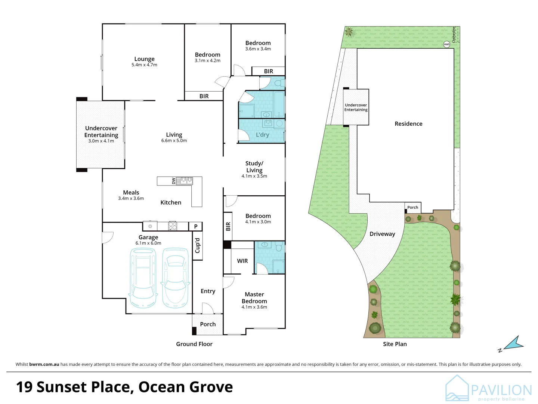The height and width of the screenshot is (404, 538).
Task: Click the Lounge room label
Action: [144, 59]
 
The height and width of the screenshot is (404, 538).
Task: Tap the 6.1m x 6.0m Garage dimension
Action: [148, 243]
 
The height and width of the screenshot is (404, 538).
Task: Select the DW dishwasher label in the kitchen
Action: [173, 181]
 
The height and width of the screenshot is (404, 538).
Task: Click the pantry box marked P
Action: [196, 226]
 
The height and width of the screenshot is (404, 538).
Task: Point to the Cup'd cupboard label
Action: [197, 245]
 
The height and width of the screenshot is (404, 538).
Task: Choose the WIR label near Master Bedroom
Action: [242, 261]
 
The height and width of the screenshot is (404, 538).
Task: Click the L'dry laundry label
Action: [263, 135]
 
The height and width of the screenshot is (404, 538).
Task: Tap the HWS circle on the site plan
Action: [447, 45]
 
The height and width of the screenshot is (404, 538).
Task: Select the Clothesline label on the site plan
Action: [454, 35]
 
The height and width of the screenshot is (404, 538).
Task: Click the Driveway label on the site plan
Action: [382, 234]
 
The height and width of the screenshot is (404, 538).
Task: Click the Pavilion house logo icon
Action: [457, 388]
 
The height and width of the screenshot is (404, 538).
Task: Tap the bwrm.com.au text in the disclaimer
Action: [44, 364]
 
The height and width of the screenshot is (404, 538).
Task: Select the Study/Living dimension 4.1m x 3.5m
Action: [254, 176]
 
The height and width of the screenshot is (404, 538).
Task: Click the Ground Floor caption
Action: [194, 344]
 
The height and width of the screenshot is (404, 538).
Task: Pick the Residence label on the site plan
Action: [409, 123]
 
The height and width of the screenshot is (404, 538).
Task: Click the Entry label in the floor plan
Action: [208, 291]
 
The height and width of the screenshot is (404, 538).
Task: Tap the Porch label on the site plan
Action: [413, 207]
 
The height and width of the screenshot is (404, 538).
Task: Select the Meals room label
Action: [131, 193]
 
